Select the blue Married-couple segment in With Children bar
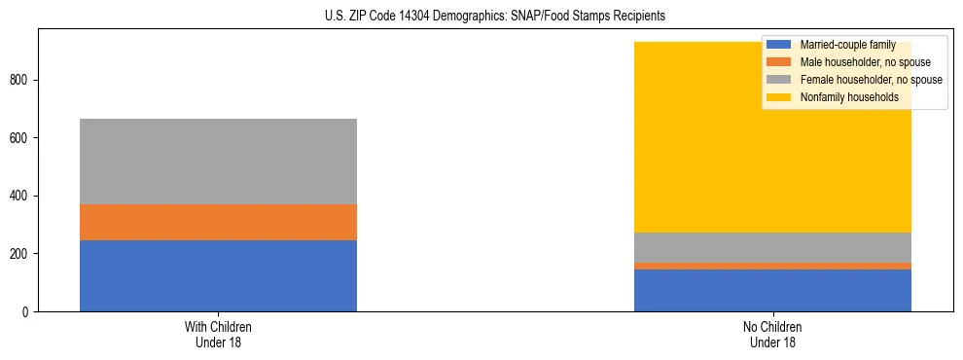[218, 275]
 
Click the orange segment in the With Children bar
[218, 222]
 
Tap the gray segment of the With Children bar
[218, 162]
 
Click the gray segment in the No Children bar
[772, 247]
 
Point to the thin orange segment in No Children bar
[772, 266]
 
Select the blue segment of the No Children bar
[772, 290]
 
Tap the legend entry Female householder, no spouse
[871, 80]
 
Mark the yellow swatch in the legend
[779, 97]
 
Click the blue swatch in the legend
[779, 45]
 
